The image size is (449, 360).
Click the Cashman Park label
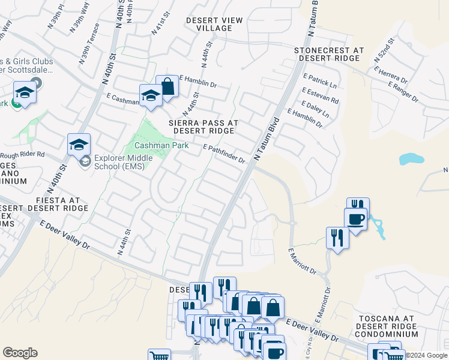[x=161, y=145]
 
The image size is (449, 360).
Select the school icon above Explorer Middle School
[x=79, y=145]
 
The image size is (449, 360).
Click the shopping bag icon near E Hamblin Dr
[x=167, y=86]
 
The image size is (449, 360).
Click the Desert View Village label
[x=214, y=24]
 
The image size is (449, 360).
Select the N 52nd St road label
[x=383, y=51]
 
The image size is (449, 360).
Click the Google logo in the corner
[x=20, y=353]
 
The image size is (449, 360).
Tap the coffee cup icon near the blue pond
[x=355, y=219]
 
